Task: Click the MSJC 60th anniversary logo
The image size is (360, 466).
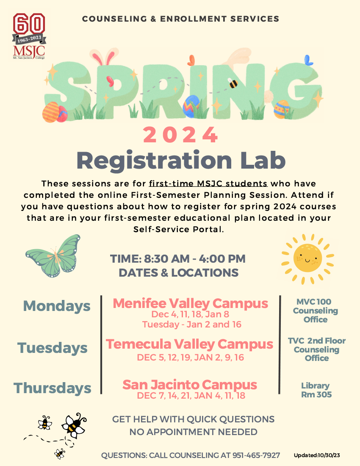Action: pyautogui.click(x=29, y=36)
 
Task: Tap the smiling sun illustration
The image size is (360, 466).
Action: pyautogui.click(x=307, y=258)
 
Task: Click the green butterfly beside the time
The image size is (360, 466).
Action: pyautogui.click(x=53, y=256)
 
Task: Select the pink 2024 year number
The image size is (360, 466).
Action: pyautogui.click(x=180, y=135)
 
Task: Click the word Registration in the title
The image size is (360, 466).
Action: pyautogui.click(x=154, y=161)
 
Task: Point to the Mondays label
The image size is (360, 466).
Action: pyautogui.click(x=57, y=306)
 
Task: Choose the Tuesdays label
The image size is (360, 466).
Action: pyautogui.click(x=53, y=348)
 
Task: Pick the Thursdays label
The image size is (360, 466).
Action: pyautogui.click(x=52, y=388)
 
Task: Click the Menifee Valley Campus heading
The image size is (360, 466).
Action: pyautogui.click(x=191, y=303)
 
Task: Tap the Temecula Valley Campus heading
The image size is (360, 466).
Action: pyautogui.click(x=189, y=344)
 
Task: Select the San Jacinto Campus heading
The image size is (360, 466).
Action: pyautogui.click(x=190, y=385)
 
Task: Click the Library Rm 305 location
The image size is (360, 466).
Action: pyautogui.click(x=316, y=390)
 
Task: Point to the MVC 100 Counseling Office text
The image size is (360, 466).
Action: pyautogui.click(x=316, y=311)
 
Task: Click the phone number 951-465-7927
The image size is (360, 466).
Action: pyautogui.click(x=256, y=455)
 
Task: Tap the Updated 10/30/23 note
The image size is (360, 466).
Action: pyautogui.click(x=317, y=455)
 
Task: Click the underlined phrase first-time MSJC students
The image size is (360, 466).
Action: pyautogui.click(x=208, y=183)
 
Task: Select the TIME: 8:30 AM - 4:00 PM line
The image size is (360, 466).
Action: pyautogui.click(x=178, y=258)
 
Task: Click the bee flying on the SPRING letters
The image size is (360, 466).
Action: pyautogui.click(x=233, y=83)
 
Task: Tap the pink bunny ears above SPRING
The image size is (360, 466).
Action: pyautogui.click(x=102, y=58)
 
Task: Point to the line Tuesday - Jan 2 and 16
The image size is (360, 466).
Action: pyautogui.click(x=192, y=324)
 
